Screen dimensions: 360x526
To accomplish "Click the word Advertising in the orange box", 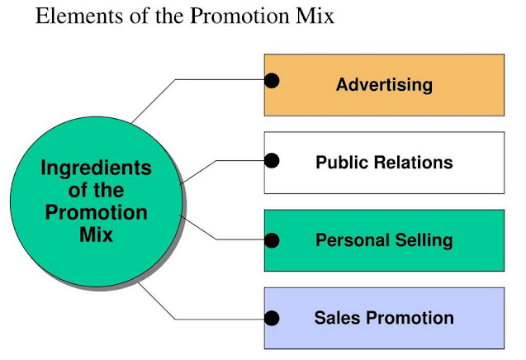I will [384, 84].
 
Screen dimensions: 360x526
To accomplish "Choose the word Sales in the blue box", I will [336, 317].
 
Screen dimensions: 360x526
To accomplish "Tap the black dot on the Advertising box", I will [271, 81].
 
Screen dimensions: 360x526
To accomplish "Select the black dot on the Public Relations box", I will [271, 160].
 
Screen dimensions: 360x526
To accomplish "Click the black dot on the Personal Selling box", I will [271, 239].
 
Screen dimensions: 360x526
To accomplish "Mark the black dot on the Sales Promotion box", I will [271, 317].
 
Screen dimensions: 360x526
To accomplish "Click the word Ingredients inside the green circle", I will [97, 169].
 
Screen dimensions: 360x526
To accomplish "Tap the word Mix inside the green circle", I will [97, 234].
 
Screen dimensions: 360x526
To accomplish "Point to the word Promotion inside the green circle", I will [97, 212].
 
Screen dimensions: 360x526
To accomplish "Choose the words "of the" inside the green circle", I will [97, 191].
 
